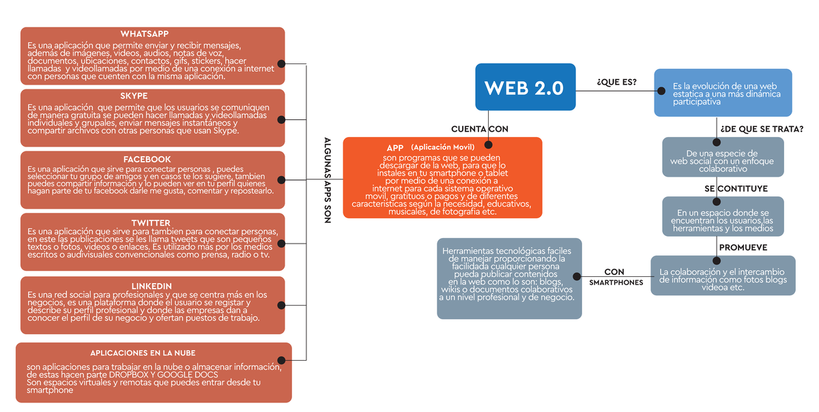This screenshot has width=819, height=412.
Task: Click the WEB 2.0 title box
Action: click(525, 87)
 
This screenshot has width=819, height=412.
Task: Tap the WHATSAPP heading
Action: click(144, 34)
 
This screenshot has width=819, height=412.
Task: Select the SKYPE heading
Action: click(134, 96)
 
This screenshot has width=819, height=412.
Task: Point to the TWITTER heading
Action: click(151, 223)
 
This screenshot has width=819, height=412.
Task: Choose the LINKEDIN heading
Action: click(151, 286)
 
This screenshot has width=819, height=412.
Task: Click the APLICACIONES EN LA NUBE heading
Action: click(143, 353)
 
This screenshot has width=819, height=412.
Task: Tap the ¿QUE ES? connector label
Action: click(616, 83)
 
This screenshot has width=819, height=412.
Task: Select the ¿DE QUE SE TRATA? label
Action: click(761, 129)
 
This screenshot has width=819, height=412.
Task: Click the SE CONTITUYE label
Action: click(736, 188)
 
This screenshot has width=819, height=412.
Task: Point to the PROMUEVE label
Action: click(743, 248)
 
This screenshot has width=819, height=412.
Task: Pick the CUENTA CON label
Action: click(479, 129)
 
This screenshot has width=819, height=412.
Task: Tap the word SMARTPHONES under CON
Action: click(616, 282)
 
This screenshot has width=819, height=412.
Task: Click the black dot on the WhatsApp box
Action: click(281, 64)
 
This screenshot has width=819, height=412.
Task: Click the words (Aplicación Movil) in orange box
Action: click(442, 147)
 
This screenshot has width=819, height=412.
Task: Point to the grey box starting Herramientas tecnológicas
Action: click(509, 278)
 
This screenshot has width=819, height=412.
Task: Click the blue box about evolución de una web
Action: click(723, 92)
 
